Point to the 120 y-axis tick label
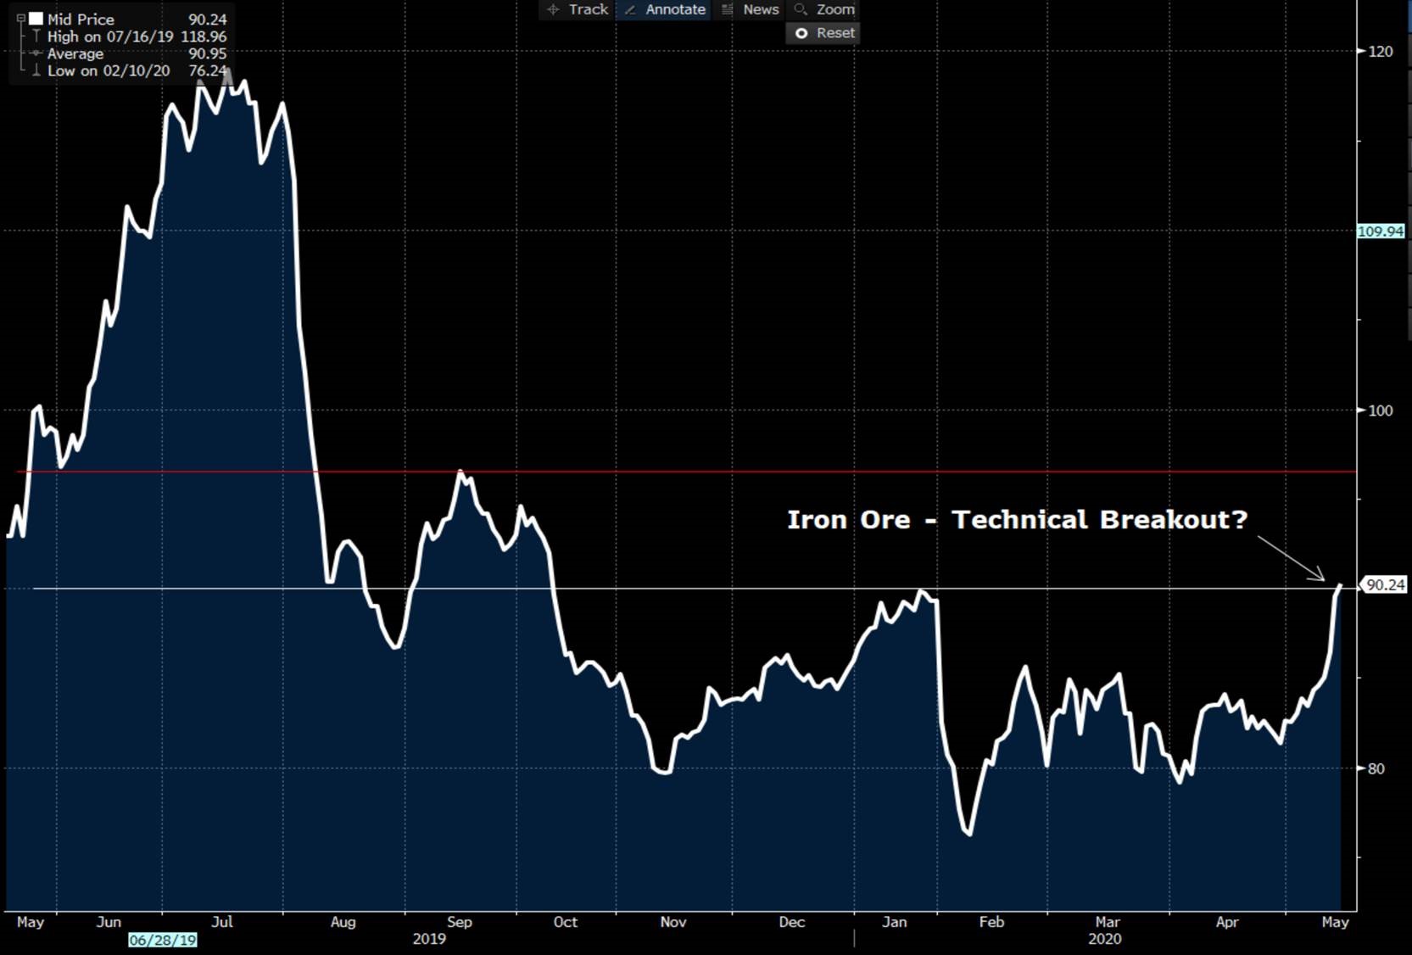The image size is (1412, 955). click(x=1381, y=52)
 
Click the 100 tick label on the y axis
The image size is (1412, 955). click(x=1381, y=410)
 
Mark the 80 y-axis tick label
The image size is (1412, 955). click(x=1376, y=769)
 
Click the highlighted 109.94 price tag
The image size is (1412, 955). click(x=1381, y=232)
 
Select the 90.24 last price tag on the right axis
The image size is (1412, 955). click(x=1386, y=585)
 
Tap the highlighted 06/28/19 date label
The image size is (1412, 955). click(x=163, y=940)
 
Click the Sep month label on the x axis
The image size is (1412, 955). click(x=459, y=922)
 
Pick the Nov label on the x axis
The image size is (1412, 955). click(x=673, y=922)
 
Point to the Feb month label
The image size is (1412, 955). click(x=991, y=922)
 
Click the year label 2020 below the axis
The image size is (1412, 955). click(x=1104, y=939)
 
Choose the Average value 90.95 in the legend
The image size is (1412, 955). click(x=207, y=53)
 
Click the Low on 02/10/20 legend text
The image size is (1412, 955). click(x=109, y=71)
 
